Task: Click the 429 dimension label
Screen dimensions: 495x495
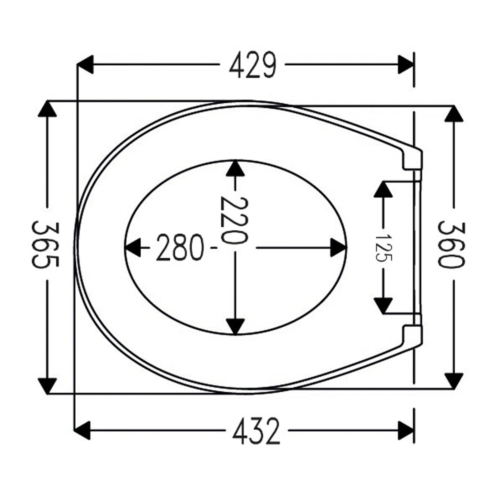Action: click(252, 65)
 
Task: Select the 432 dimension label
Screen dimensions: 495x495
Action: click(256, 431)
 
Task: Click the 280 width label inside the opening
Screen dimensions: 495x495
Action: click(180, 247)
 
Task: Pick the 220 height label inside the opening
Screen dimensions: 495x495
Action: click(234, 220)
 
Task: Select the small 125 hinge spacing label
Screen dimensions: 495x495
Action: click(383, 247)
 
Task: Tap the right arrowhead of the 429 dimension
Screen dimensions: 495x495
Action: click(405, 65)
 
